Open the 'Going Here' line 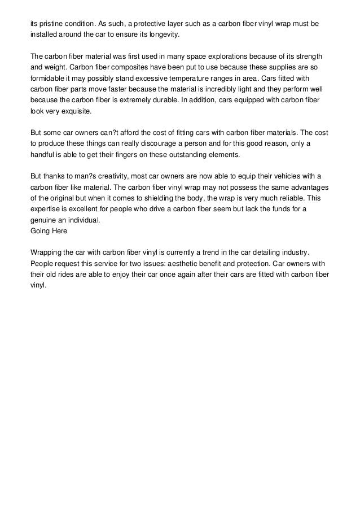(49, 230)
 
